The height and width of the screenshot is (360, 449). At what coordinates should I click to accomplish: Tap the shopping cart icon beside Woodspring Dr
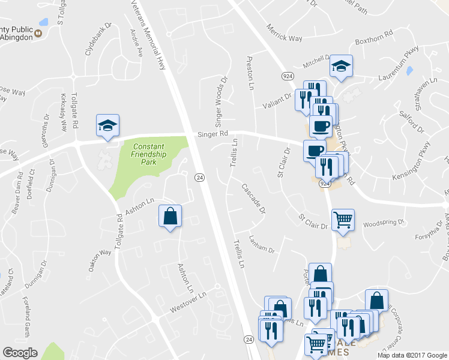point(343,220)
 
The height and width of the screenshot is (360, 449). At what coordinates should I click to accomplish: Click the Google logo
point(20,353)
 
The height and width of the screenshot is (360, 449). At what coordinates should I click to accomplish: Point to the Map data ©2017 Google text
point(411,355)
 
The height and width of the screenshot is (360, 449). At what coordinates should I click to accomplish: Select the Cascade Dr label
point(253,199)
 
